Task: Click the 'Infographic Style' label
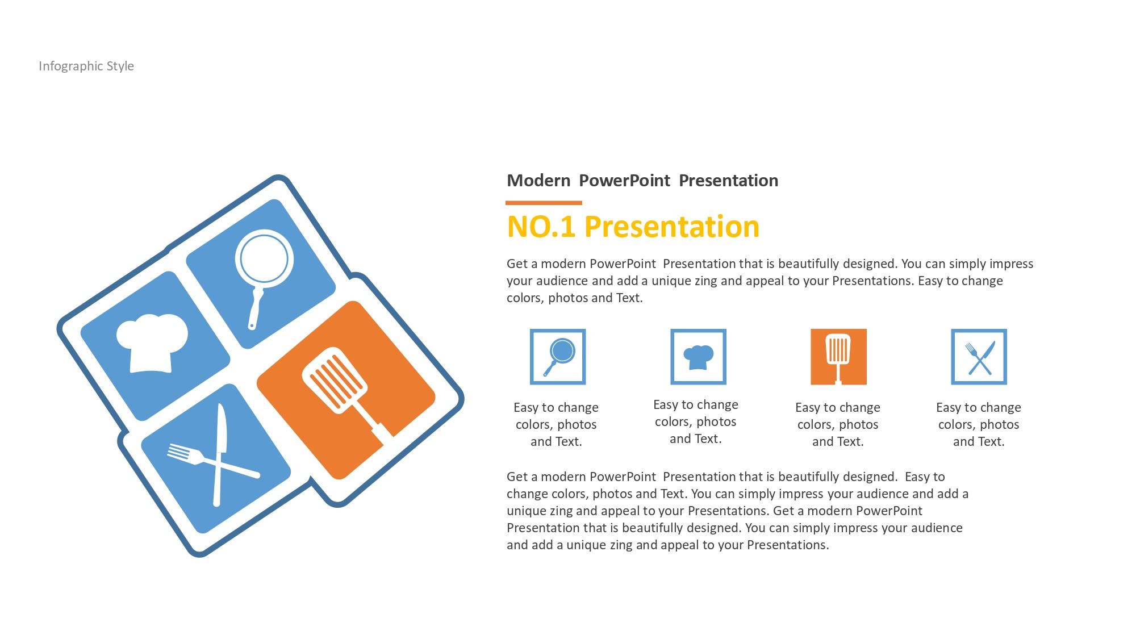pyautogui.click(x=86, y=66)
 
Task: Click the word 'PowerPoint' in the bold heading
pyautogui.click(x=625, y=181)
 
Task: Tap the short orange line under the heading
pyautogui.click(x=544, y=202)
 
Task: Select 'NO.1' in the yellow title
pyautogui.click(x=541, y=227)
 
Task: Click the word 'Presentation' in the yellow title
pyautogui.click(x=672, y=227)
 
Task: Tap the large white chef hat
pyautogui.click(x=152, y=343)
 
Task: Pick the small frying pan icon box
pyautogui.click(x=558, y=357)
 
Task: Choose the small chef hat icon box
pyautogui.click(x=698, y=357)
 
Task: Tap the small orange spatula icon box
pyautogui.click(x=838, y=357)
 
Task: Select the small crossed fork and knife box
pyautogui.click(x=979, y=357)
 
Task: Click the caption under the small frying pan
pyautogui.click(x=556, y=424)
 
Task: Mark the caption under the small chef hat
pyautogui.click(x=696, y=421)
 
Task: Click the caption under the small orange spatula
pyautogui.click(x=838, y=424)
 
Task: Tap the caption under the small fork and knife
pyautogui.click(x=979, y=424)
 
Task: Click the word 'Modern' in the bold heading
pyautogui.click(x=538, y=181)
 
